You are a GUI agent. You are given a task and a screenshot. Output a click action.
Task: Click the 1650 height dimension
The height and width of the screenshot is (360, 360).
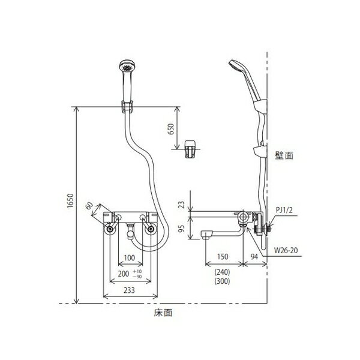[70, 201]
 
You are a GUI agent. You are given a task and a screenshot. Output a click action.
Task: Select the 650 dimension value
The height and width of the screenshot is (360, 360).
[171, 129]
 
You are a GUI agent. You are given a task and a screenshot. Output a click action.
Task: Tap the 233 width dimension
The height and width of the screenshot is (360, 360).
[129, 290]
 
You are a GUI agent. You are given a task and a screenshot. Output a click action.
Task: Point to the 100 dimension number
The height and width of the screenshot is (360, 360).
[129, 257]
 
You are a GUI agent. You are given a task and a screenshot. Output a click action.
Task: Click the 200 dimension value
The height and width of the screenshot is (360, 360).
[124, 274]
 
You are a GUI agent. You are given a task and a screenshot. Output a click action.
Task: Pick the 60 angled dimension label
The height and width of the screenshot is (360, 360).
[89, 206]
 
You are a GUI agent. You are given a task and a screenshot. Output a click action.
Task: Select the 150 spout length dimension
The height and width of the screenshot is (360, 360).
[223, 256]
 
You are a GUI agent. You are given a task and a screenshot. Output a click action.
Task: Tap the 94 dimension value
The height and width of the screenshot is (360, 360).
[254, 256]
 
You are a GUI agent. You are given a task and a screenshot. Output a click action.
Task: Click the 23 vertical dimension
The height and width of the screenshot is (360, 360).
[181, 205]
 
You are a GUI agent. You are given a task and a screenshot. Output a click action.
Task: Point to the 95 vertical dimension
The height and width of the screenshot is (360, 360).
[181, 229]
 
